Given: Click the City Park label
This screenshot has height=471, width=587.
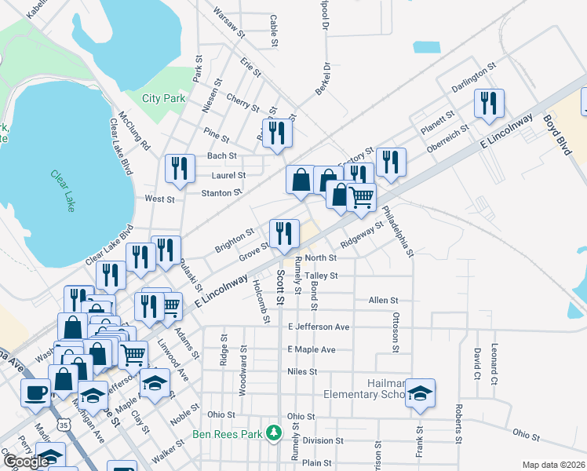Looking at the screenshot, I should [x=163, y=99].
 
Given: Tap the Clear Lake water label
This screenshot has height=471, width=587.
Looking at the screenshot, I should [x=64, y=192].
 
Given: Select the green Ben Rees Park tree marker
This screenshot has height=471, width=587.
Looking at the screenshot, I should [x=273, y=433].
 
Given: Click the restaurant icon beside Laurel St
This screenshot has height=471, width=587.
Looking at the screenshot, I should [x=180, y=168].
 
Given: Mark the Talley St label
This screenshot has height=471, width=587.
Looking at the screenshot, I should [x=321, y=276].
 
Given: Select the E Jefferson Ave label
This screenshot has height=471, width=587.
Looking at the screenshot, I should [x=318, y=327].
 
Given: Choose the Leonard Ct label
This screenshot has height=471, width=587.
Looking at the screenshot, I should [x=495, y=358].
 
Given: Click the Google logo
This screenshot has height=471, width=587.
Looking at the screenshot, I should [x=26, y=462].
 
